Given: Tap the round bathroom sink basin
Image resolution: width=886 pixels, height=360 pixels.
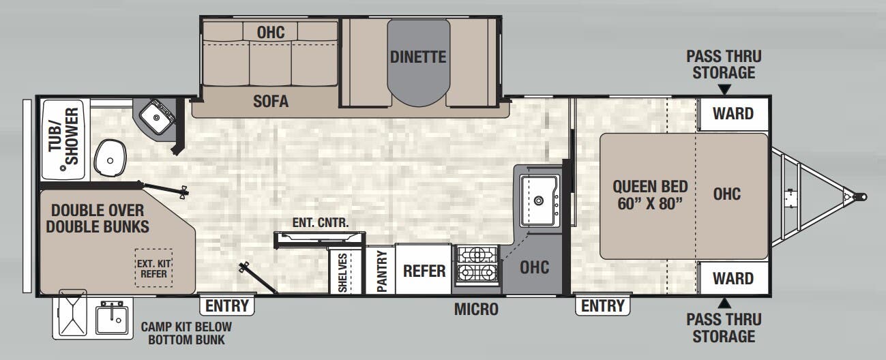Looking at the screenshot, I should (109, 157).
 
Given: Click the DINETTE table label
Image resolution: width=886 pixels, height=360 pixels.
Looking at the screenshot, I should (418, 57).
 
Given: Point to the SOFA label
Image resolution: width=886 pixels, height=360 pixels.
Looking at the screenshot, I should (271, 102).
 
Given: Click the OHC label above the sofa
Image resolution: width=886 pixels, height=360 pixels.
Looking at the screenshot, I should (271, 31).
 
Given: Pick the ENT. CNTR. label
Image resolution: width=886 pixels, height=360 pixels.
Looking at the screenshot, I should (321, 222).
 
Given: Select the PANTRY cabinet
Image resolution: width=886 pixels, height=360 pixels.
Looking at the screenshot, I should (381, 271).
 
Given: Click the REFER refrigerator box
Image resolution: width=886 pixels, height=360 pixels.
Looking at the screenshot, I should (424, 271).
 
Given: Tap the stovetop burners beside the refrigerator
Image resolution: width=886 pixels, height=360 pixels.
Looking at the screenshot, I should (477, 263).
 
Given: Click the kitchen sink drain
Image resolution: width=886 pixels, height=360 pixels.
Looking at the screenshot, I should (539, 200).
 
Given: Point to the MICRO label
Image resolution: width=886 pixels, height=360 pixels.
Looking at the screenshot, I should (476, 310).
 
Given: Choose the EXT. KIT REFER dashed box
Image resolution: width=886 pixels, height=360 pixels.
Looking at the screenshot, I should (153, 267).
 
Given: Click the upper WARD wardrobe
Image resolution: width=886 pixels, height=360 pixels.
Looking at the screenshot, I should (733, 113).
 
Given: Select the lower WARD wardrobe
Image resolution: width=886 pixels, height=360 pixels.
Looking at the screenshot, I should (733, 278).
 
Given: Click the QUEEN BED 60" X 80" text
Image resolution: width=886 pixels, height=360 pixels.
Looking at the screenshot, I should (649, 195).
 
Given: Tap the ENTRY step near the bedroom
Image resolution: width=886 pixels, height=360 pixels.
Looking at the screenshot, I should (602, 305).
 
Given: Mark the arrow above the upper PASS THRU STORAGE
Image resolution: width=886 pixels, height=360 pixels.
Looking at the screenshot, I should (724, 89).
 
